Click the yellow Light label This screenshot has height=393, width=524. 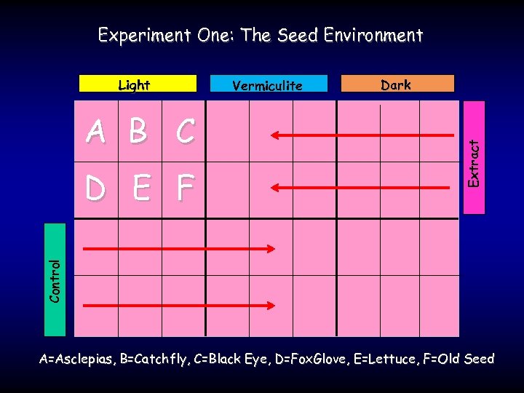pyautogui.click(x=138, y=84)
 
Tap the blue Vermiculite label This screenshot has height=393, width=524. pyautogui.click(x=269, y=84)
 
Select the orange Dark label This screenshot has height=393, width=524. pyautogui.click(x=397, y=84)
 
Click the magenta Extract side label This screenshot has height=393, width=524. pyautogui.click(x=474, y=156)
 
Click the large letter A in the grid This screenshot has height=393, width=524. pyautogui.click(x=95, y=132)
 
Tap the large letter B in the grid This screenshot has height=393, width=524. pyautogui.click(x=138, y=132)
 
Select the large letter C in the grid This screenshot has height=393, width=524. pyautogui.click(x=185, y=132)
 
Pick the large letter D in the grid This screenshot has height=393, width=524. pyautogui.click(x=95, y=189)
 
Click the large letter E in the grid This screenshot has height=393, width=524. pyautogui.click(x=141, y=189)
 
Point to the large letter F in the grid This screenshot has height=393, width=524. pyautogui.click(x=185, y=189)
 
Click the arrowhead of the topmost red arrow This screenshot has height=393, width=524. pyautogui.click(x=274, y=135)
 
